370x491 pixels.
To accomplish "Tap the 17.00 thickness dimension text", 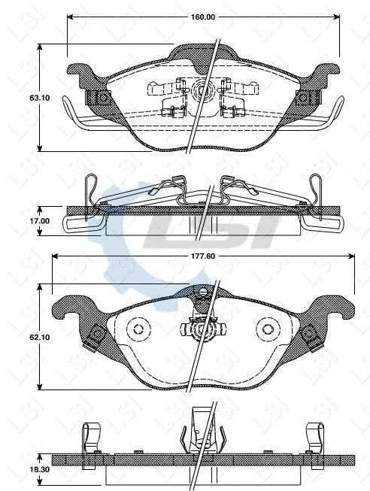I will click(18, 220).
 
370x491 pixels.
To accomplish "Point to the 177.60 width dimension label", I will click(203, 256).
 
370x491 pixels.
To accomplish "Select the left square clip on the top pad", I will click(99, 98).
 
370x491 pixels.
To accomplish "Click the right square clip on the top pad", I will click(305, 98).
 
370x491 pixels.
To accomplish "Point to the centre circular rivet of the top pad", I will click(202, 92).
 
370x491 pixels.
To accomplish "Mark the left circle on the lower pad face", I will click(137, 329).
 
